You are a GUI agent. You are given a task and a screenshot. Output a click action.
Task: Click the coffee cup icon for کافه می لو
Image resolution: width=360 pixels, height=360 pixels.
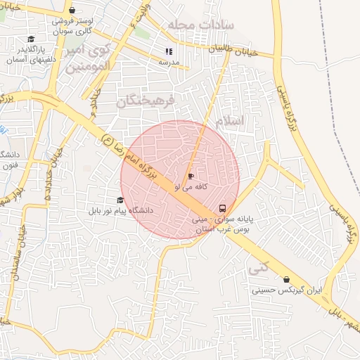click(x=191, y=176)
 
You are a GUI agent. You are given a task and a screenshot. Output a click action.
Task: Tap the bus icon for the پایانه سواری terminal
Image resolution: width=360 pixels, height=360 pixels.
click(x=223, y=208)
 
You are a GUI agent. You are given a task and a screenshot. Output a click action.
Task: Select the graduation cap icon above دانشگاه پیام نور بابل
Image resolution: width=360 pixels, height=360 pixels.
click(x=120, y=200)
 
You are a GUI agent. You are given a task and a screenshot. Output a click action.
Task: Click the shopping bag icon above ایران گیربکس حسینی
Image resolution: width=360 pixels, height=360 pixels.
click(x=286, y=279)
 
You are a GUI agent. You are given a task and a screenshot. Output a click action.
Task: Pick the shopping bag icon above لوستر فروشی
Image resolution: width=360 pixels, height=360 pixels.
click(x=72, y=11)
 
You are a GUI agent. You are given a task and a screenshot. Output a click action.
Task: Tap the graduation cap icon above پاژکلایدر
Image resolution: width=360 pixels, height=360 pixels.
click(x=30, y=39)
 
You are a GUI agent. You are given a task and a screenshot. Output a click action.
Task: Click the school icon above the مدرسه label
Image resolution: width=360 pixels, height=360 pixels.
click(x=168, y=51)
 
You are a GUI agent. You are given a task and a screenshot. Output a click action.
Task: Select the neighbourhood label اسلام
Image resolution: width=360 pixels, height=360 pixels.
click(x=230, y=121)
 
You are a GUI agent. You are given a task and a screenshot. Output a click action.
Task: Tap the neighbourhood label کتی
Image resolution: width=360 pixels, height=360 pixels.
click(x=258, y=267)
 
